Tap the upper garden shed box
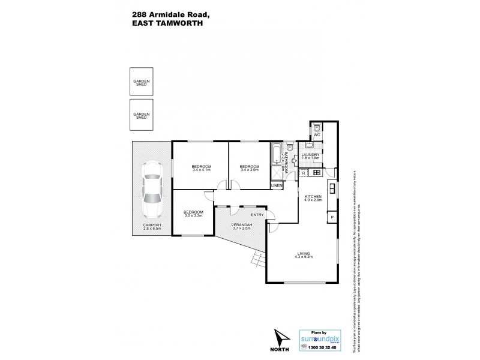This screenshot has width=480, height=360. click(x=142, y=82)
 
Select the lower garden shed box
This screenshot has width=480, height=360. click(x=142, y=115)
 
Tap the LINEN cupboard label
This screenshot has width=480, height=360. click(x=277, y=186)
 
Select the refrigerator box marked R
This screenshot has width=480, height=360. click(x=304, y=173)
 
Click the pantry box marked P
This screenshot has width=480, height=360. click(x=331, y=217)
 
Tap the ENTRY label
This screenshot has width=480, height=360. click(x=257, y=215)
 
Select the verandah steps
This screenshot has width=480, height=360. click(x=257, y=259)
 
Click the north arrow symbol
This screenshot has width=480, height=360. click(x=280, y=335)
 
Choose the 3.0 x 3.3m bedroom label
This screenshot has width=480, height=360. click(x=193, y=215)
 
